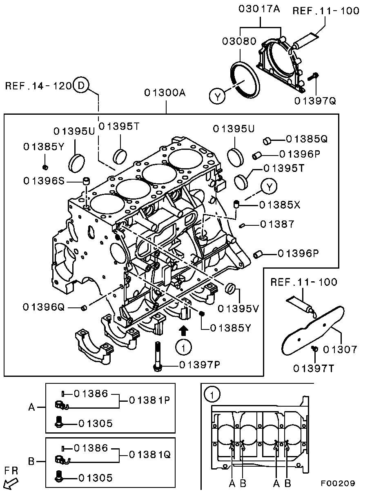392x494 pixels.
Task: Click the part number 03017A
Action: point(259,9)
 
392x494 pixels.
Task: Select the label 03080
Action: point(239,41)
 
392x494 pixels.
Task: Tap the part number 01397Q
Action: point(315,100)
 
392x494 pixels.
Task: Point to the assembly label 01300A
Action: point(165,93)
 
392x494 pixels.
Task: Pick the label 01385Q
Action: point(307,139)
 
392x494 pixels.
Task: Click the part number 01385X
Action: point(279,205)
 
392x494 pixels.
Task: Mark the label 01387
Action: point(277,224)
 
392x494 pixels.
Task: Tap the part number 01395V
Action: point(238,309)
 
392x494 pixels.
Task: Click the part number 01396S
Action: point(44,180)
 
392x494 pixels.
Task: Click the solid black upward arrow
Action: point(184,330)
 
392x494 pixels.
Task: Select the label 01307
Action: point(340,349)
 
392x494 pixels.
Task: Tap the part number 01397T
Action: point(314,369)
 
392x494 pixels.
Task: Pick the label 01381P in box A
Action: point(149,400)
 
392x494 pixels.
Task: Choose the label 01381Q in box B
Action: point(149,454)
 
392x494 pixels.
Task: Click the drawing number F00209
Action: point(337,483)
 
